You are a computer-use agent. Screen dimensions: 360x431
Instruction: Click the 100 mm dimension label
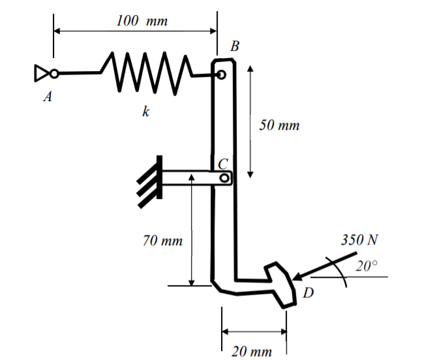pyautogui.click(x=141, y=20)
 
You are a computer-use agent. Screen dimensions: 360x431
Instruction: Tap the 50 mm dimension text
pyautogui.click(x=279, y=125)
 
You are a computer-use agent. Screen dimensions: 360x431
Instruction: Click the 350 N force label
pyautogui.click(x=359, y=239)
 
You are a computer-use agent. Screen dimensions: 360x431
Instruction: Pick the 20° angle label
pyautogui.click(x=367, y=265)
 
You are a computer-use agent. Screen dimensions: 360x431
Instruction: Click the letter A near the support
pyautogui.click(x=48, y=97)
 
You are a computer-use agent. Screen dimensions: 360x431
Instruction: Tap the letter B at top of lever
pyautogui.click(x=234, y=46)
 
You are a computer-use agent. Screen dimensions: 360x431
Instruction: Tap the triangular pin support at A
pyautogui.click(x=40, y=72)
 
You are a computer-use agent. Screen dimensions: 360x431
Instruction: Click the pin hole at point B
pyautogui.click(x=222, y=74)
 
